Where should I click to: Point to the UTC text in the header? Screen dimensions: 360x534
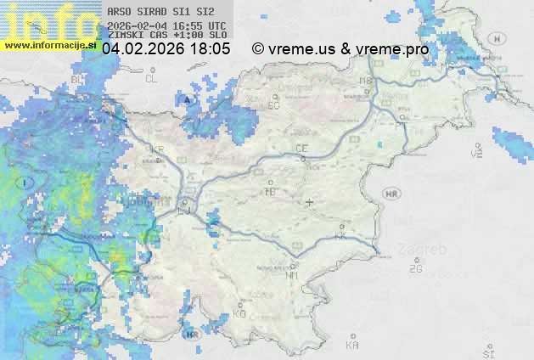pos(216,26)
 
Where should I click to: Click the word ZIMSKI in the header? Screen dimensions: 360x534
pos(123,36)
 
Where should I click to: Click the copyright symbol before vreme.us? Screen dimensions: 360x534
pos(258,49)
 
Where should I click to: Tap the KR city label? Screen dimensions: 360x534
pos(156,149)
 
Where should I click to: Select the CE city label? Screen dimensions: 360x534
pos(301,149)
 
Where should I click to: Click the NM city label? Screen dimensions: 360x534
pos(293,275)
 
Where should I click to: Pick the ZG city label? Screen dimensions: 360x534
pos(415,269)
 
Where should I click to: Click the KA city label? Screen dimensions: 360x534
pos(352,346)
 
